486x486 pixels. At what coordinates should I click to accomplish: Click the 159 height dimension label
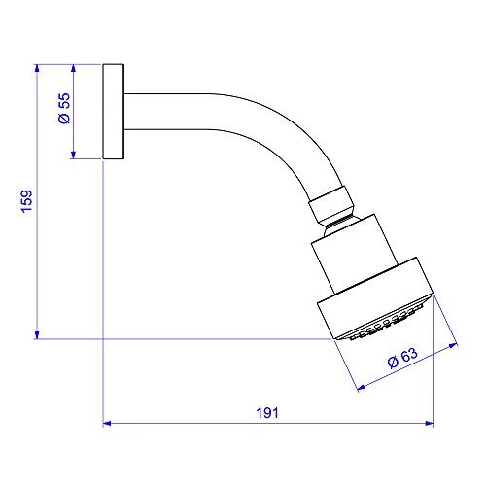coord(27,201)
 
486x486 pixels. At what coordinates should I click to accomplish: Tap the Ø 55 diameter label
coord(64,108)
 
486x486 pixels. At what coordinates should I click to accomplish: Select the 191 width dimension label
coord(267,413)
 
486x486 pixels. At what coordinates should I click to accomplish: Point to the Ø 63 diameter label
coord(402,358)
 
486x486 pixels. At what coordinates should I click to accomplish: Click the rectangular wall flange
coord(114,112)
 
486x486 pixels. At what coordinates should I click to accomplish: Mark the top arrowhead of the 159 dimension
coord(37,68)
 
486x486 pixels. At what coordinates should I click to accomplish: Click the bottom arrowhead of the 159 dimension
coord(37,335)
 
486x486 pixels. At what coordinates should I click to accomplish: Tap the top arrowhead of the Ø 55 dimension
coord(73,68)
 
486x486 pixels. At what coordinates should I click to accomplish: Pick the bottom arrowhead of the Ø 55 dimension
coord(73,155)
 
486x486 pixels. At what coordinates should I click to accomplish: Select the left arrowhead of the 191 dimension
coord(107,423)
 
